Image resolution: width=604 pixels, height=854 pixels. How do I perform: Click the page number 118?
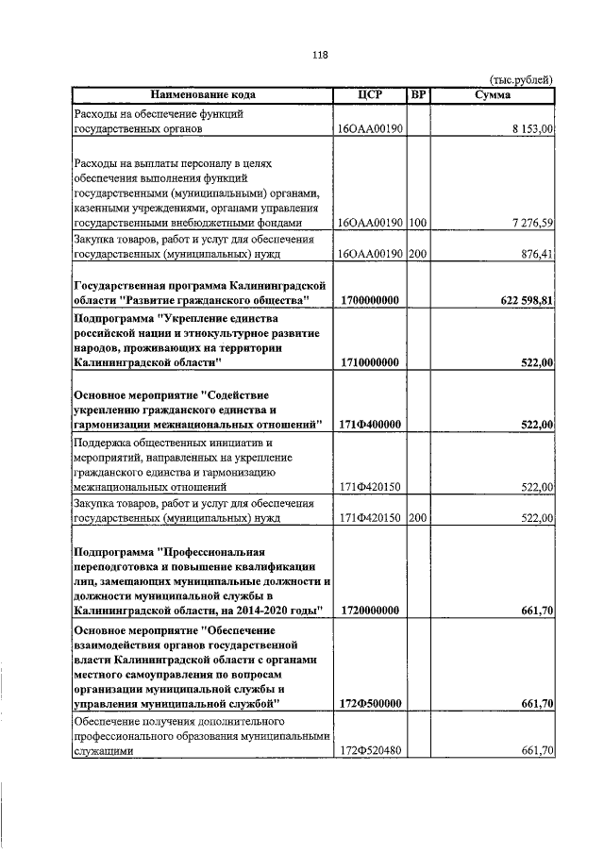(319, 55)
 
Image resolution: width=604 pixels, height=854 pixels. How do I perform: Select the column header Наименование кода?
(202, 95)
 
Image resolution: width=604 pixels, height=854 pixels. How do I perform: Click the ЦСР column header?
(370, 95)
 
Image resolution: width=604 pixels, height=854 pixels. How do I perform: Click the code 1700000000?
(370, 299)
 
